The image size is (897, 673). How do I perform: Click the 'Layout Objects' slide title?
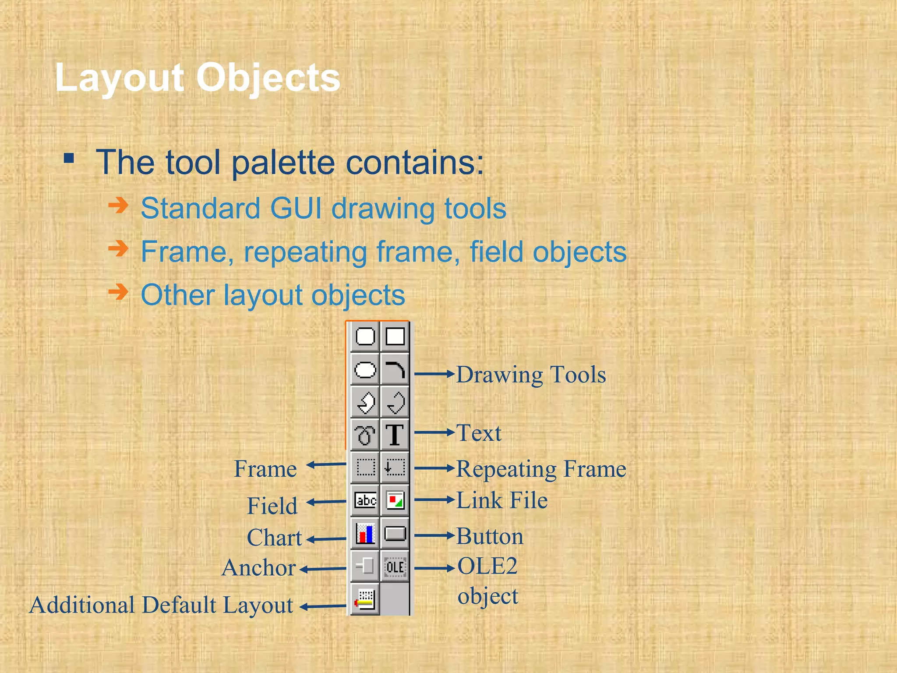pyautogui.click(x=198, y=78)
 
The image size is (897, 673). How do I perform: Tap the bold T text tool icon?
pyautogui.click(x=395, y=435)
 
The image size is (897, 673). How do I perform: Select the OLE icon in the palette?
pyautogui.click(x=395, y=567)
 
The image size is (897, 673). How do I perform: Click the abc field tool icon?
pyautogui.click(x=365, y=500)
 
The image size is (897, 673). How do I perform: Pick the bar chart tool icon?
pyautogui.click(x=365, y=533)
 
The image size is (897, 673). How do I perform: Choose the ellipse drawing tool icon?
pyautogui.click(x=365, y=370)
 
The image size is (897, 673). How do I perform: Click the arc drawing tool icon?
pyautogui.click(x=395, y=370)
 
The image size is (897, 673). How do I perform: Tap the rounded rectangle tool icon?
pyautogui.click(x=365, y=336)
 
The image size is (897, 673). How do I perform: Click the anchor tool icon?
pyautogui.click(x=365, y=566)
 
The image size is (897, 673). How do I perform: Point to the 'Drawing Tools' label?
pyautogui.click(x=531, y=375)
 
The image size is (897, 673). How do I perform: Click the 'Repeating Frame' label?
pyautogui.click(x=541, y=469)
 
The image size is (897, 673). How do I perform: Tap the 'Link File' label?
pyautogui.click(x=502, y=500)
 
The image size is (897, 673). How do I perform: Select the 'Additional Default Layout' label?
pyautogui.click(x=161, y=606)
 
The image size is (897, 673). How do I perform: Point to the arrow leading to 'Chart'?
pyautogui.click(x=326, y=539)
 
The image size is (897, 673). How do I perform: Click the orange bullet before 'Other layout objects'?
pyautogui.click(x=118, y=292)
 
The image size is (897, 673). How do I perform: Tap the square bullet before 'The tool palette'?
pyautogui.click(x=69, y=158)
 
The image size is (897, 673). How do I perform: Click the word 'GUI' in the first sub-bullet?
pyautogui.click(x=296, y=208)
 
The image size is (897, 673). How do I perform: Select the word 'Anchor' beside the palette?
pyautogui.click(x=258, y=568)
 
